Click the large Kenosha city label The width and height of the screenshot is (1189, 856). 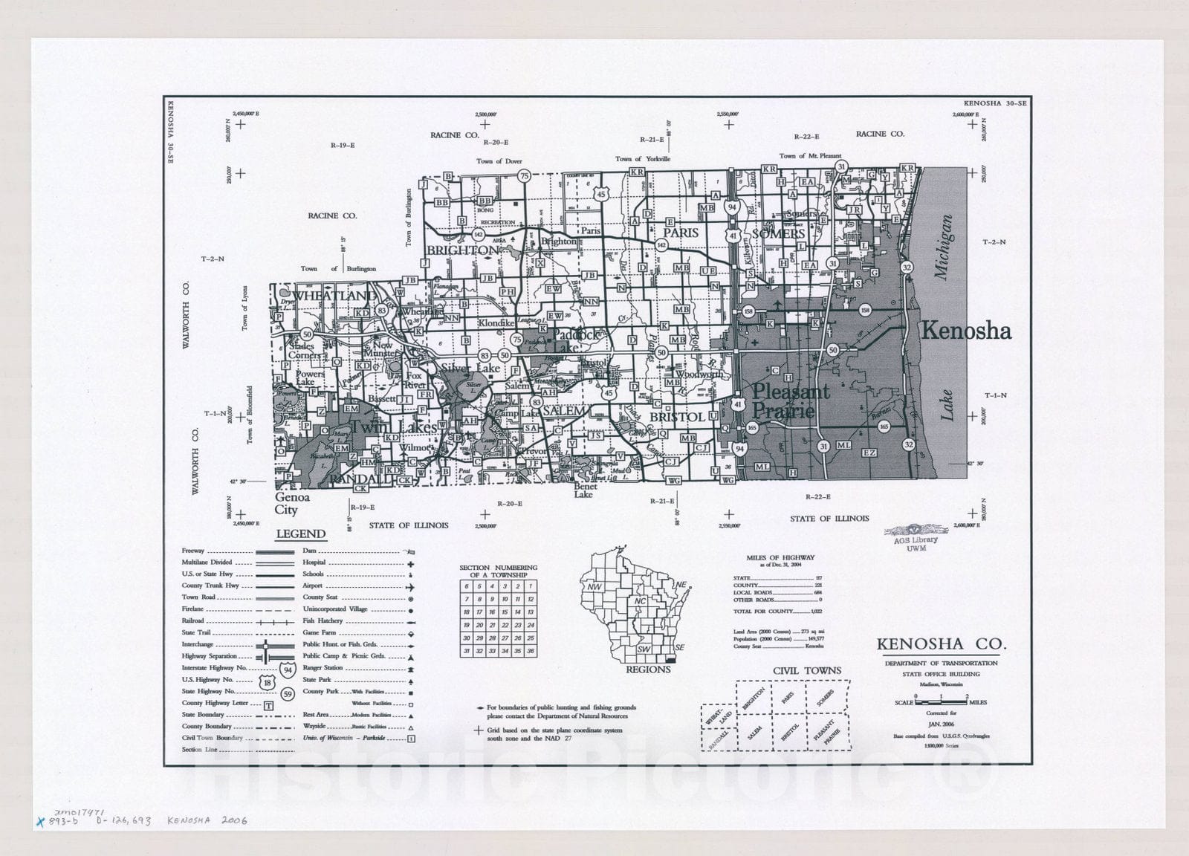pos(965,331)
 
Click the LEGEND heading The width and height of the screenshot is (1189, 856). pos(301,534)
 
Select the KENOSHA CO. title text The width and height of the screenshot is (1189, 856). pos(941,643)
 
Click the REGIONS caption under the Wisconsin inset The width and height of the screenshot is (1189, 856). pos(648,669)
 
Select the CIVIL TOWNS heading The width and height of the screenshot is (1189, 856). pos(807,670)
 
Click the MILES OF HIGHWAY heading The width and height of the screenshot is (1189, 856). pos(780,557)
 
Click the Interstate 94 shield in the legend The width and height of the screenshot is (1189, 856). pos(287,669)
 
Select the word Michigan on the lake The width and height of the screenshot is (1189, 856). pos(944,247)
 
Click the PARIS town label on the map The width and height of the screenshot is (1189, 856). pos(681,233)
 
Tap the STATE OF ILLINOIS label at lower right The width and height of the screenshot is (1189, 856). pos(829,518)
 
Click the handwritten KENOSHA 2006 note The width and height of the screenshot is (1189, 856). pos(207,820)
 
